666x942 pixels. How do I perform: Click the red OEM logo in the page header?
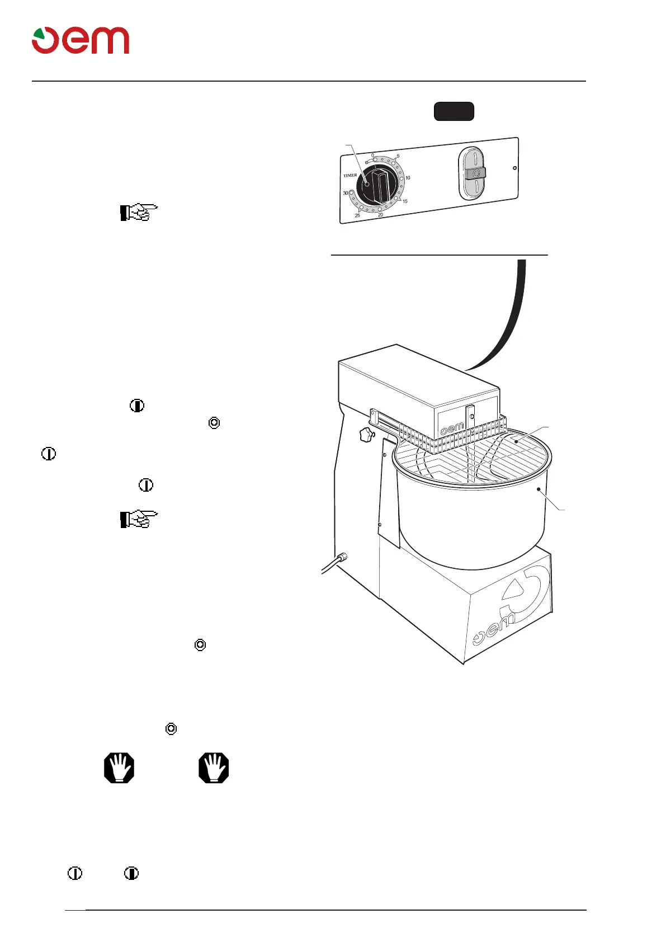(x=81, y=40)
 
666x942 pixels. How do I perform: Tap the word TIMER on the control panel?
(x=350, y=176)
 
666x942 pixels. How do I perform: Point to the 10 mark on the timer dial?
(x=408, y=178)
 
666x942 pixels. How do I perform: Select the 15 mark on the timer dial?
(x=405, y=201)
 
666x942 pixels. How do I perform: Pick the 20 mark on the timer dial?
(x=380, y=215)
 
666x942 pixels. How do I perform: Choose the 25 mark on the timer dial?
(x=357, y=215)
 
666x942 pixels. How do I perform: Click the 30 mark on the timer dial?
(x=346, y=193)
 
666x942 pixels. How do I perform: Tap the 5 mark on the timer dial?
(x=398, y=157)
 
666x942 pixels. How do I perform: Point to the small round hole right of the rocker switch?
(x=515, y=168)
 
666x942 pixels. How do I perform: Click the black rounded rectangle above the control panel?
(x=454, y=111)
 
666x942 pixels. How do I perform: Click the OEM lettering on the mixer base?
(x=494, y=629)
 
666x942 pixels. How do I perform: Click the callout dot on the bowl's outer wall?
(x=539, y=489)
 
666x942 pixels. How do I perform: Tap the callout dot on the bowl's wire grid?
(x=517, y=441)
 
